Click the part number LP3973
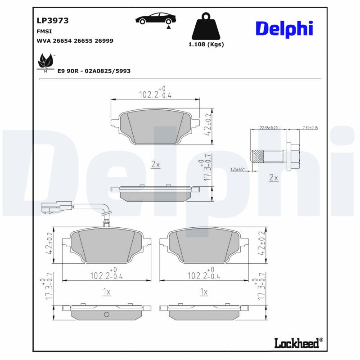[x=52, y=21]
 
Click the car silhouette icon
[x=156, y=19]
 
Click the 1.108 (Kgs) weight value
[x=206, y=45]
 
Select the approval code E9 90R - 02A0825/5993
[x=94, y=71]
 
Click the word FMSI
[x=44, y=31]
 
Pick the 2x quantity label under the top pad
[x=155, y=165]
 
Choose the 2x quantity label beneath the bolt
[x=274, y=178]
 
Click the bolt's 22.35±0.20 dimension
[x=269, y=128]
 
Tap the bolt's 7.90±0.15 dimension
[x=310, y=128]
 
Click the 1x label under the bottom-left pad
[x=107, y=292]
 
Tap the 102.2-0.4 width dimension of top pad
[x=155, y=94]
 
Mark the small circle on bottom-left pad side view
[x=107, y=314]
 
